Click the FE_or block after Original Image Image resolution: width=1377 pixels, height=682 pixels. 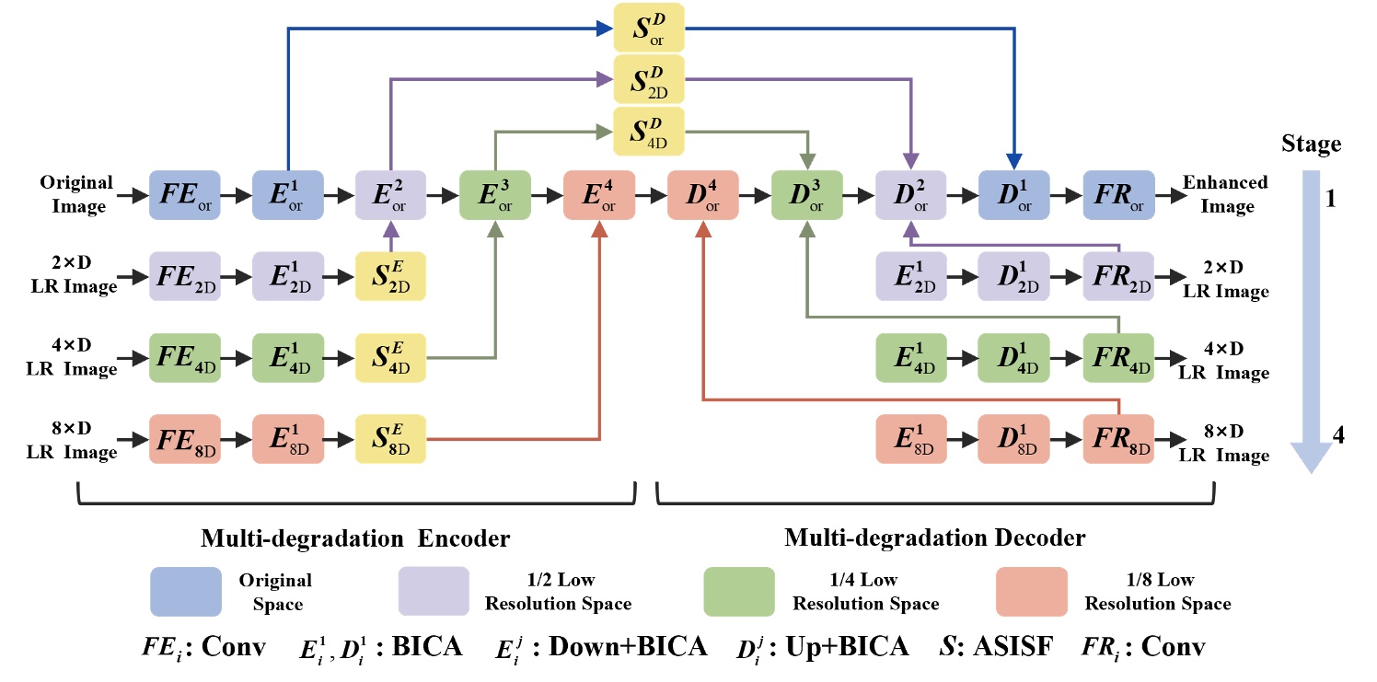[x=184, y=195]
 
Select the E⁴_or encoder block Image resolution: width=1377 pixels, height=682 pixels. [x=598, y=195]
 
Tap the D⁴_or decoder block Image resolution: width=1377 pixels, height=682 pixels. [x=703, y=195]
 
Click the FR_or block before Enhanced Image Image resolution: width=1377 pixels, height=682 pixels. [x=1118, y=195]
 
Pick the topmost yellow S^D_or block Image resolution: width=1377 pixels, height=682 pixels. [x=650, y=27]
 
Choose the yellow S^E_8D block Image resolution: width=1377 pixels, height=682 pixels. [x=391, y=439]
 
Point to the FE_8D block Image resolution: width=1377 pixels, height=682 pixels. [x=184, y=439]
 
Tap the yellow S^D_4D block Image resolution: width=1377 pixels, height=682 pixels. [x=650, y=131]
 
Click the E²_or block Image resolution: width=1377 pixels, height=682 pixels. [x=391, y=195]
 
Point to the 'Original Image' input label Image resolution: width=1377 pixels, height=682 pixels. [x=76, y=194]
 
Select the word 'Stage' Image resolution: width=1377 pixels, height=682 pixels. [x=1311, y=144]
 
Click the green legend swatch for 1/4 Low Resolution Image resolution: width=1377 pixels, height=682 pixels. [x=738, y=592]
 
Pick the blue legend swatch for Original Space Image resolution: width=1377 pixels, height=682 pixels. [x=186, y=592]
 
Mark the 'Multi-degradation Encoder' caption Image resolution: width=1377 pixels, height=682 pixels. [x=355, y=537]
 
